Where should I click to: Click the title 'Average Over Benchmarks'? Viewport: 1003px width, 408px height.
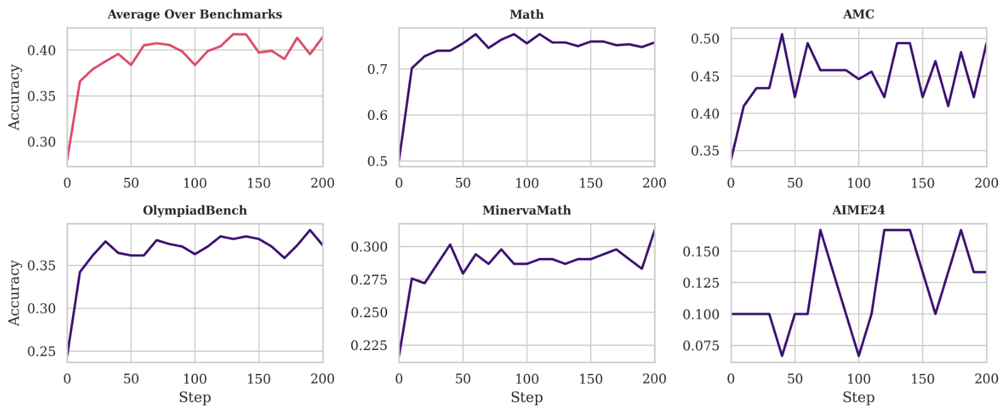tap(195, 14)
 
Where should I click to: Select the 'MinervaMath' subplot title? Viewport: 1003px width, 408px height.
tap(526, 210)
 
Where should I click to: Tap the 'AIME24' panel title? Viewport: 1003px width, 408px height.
tap(858, 210)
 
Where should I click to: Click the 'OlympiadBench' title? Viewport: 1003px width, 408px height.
tap(195, 210)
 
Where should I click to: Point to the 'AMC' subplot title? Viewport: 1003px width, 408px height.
tap(858, 14)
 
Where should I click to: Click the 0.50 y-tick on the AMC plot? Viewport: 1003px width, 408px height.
tap(705, 39)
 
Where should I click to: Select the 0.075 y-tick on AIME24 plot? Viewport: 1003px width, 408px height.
tap(700, 346)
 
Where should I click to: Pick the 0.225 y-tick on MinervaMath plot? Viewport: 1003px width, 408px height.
tap(369, 346)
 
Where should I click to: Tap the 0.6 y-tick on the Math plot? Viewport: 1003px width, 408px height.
tap(378, 115)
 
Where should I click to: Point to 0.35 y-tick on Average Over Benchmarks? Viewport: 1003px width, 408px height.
tap(41, 96)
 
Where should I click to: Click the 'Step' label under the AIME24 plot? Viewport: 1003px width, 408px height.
tap(858, 397)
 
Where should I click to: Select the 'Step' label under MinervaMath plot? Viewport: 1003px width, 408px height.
tap(526, 397)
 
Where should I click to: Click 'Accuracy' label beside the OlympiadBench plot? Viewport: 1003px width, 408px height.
tap(14, 293)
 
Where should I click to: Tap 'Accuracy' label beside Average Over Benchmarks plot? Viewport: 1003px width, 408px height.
tap(14, 97)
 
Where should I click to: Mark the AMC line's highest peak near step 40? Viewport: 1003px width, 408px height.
tap(782, 34)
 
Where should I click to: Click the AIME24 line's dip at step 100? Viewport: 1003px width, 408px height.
tap(859, 356)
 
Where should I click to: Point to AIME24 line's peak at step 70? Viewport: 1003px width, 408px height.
tap(820, 230)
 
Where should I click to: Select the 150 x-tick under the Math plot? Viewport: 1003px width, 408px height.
tap(591, 183)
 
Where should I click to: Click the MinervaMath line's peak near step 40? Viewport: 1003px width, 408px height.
tap(450, 245)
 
